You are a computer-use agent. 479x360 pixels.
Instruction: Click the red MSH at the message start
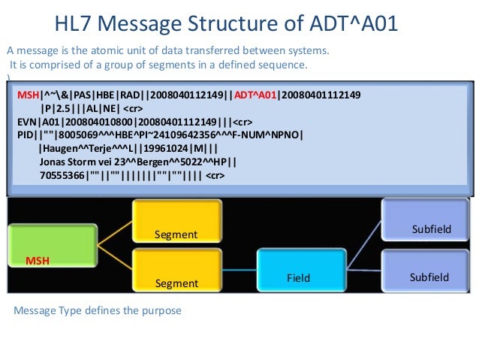(x=28, y=96)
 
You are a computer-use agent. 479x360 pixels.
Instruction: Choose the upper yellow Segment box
(x=176, y=223)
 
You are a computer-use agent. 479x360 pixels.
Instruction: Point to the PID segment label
(x=26, y=136)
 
